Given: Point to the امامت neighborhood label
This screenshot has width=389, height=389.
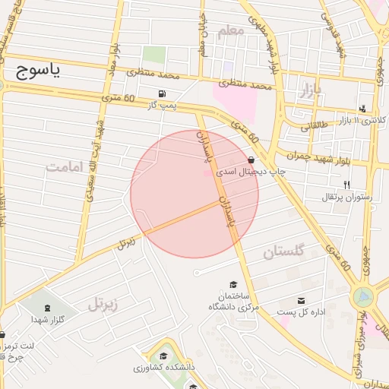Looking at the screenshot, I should [66, 166].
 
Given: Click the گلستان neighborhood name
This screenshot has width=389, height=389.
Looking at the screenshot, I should [283, 251].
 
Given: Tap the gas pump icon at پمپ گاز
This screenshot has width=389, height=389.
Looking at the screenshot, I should [161, 94].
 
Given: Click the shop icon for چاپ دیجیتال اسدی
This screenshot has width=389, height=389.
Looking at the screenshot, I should [251, 160].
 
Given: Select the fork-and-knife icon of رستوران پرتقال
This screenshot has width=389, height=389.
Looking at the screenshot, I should [346, 184].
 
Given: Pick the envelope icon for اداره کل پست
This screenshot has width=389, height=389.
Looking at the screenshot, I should [302, 301].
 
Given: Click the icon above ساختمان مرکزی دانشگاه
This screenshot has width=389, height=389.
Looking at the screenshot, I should [233, 283].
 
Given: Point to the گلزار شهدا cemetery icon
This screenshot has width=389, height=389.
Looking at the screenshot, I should [49, 307].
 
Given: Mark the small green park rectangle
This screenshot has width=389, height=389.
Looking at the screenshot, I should [154, 55].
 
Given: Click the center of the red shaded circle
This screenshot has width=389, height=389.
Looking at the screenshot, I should [194, 194].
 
